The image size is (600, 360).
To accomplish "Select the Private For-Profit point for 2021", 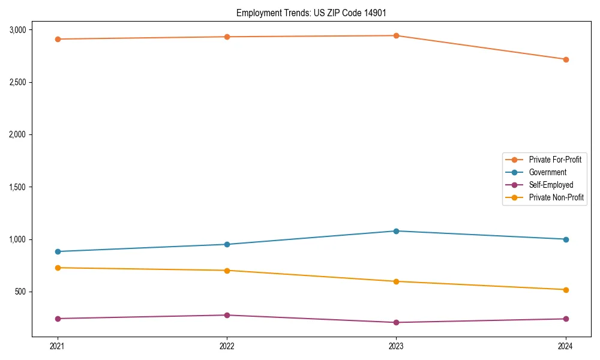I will click(x=58, y=39).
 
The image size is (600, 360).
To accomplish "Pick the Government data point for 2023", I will click(x=396, y=231).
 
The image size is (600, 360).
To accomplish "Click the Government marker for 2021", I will click(x=58, y=251).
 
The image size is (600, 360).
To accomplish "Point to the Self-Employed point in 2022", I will click(x=227, y=315).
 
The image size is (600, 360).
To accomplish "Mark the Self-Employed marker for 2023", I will click(x=396, y=322).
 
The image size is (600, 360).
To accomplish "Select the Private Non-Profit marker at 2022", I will click(x=227, y=271).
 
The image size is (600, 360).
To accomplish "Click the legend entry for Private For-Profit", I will click(x=555, y=160).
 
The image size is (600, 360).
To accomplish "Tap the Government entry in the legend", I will click(x=548, y=172).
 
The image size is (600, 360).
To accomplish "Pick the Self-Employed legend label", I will click(x=551, y=185).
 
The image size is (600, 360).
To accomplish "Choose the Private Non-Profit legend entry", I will click(x=556, y=197).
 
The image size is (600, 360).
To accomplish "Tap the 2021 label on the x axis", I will click(x=58, y=346).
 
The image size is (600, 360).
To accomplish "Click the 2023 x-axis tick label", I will click(x=396, y=346).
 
